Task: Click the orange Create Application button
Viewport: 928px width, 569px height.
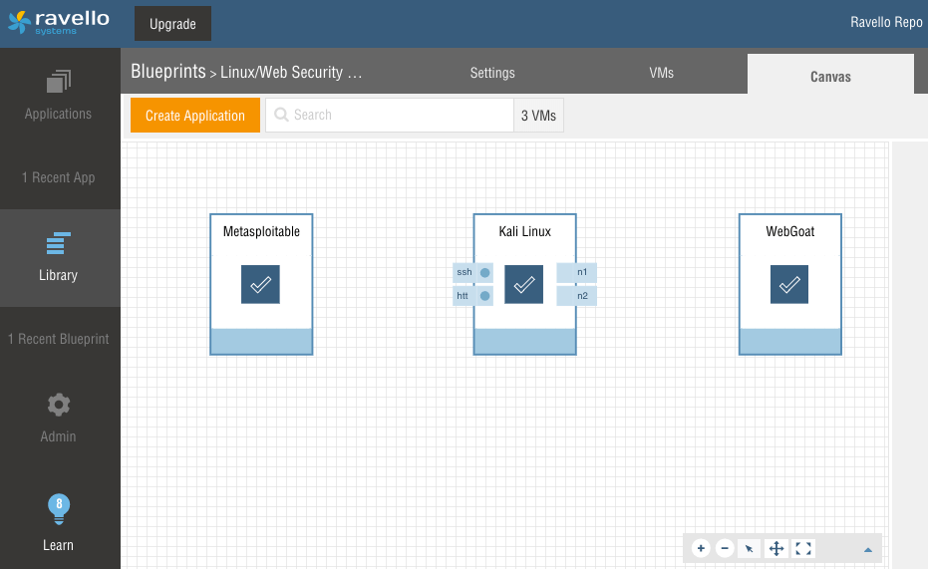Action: pyautogui.click(x=195, y=116)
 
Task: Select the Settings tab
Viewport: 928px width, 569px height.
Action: pyautogui.click(x=492, y=73)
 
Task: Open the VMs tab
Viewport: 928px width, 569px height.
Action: pyautogui.click(x=661, y=73)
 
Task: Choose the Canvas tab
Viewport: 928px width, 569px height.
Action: pyautogui.click(x=830, y=77)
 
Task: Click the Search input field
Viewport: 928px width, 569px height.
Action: pyautogui.click(x=390, y=116)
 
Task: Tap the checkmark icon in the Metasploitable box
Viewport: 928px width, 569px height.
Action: pyautogui.click(x=260, y=285)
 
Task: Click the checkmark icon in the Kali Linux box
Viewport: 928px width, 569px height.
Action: pyautogui.click(x=523, y=285)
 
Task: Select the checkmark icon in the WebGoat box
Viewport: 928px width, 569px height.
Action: pyautogui.click(x=789, y=285)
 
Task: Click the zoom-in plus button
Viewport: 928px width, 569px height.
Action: pyautogui.click(x=701, y=548)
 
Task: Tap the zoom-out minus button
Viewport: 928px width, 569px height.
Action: pyautogui.click(x=725, y=548)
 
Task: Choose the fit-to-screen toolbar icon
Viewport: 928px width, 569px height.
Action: pyautogui.click(x=803, y=548)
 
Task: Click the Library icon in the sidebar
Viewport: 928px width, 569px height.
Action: pyautogui.click(x=59, y=243)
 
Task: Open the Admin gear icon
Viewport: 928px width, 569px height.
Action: pyautogui.click(x=59, y=406)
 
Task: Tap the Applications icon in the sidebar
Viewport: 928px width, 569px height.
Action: pyautogui.click(x=59, y=81)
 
